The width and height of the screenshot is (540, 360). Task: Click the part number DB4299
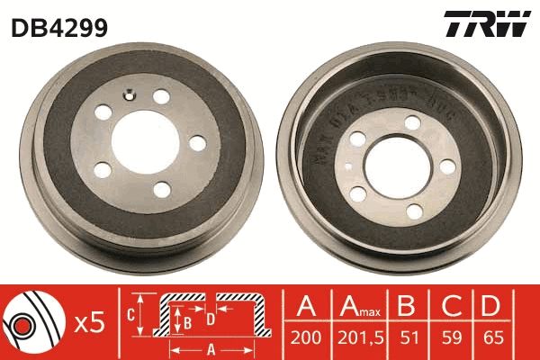[59, 28]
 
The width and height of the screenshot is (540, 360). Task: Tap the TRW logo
[486, 25]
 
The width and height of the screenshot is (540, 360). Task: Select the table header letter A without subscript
[307, 309]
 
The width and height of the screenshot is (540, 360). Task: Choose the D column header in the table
[490, 309]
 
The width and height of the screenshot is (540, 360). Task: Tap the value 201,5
[362, 340]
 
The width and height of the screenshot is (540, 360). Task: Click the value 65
[490, 340]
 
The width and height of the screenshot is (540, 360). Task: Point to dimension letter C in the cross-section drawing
[130, 313]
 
